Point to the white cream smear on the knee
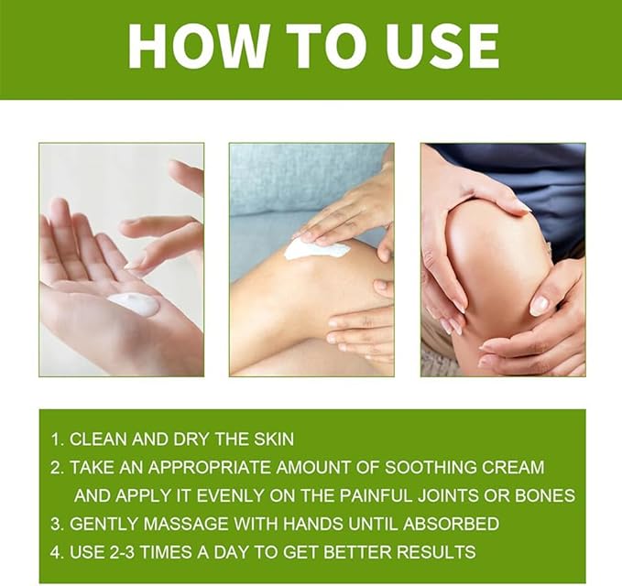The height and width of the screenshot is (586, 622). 316,249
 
